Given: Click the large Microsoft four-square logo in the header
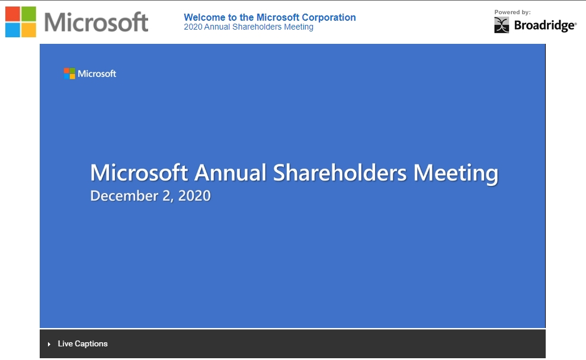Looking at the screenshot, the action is click(x=21, y=22).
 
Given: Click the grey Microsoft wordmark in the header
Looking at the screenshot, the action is click(x=96, y=22).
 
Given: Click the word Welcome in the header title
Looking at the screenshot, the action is click(x=204, y=18).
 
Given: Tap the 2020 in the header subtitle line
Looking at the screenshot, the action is click(x=193, y=27).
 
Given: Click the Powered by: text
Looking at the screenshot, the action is click(x=513, y=12).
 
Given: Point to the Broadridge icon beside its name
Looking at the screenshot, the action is click(x=501, y=25).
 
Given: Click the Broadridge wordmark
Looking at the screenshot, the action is click(x=545, y=25).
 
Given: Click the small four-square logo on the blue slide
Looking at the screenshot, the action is click(x=69, y=73).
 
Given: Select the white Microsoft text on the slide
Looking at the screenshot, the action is click(x=97, y=74).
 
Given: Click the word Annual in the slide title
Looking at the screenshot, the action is click(x=230, y=173).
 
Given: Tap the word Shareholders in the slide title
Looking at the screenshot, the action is click(x=340, y=173).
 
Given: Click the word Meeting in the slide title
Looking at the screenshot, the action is click(x=456, y=173).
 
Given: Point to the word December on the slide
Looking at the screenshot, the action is click(x=124, y=196).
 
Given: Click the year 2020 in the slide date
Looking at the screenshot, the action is click(x=194, y=196).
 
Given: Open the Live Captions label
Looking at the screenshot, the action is click(x=82, y=344).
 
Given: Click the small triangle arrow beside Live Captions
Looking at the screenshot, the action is click(x=49, y=345).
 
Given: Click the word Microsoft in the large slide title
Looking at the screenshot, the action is click(x=139, y=173).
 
